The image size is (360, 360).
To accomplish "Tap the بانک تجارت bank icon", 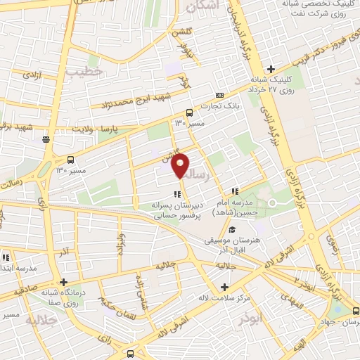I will click(x=220, y=94).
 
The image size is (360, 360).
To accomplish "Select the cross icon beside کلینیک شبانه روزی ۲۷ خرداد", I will click(x=271, y=68).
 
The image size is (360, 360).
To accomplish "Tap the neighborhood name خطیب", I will click(x=85, y=72).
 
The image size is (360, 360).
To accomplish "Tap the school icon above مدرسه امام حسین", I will click(x=236, y=191).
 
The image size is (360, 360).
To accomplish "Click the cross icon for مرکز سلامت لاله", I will click(x=225, y=287).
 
